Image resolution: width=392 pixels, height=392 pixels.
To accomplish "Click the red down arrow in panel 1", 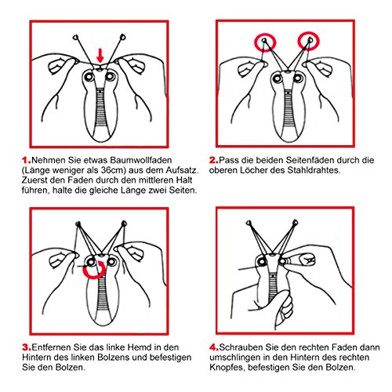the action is [100, 55].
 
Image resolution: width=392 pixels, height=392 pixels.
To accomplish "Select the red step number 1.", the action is [27, 160].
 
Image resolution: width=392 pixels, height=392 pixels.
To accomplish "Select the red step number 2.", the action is [214, 160].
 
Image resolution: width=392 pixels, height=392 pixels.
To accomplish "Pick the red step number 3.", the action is [27, 347].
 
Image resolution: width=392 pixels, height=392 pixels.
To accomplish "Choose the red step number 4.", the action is [214, 347].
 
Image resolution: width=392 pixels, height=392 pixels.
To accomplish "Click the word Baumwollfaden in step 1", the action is [141, 160].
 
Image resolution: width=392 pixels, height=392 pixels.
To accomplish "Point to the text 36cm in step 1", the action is [111, 170].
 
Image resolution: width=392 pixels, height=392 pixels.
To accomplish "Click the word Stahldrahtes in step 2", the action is [314, 170].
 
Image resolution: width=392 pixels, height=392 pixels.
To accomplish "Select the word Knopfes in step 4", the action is [227, 368].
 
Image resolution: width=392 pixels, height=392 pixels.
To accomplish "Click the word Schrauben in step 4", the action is [241, 347].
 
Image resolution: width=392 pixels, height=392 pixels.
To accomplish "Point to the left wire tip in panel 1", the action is [76, 38].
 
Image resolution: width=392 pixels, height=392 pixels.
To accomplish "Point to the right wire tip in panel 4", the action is [295, 223].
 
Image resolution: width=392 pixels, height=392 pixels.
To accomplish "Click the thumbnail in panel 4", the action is [307, 260].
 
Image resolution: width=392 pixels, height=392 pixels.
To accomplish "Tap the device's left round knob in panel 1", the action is [89, 77].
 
